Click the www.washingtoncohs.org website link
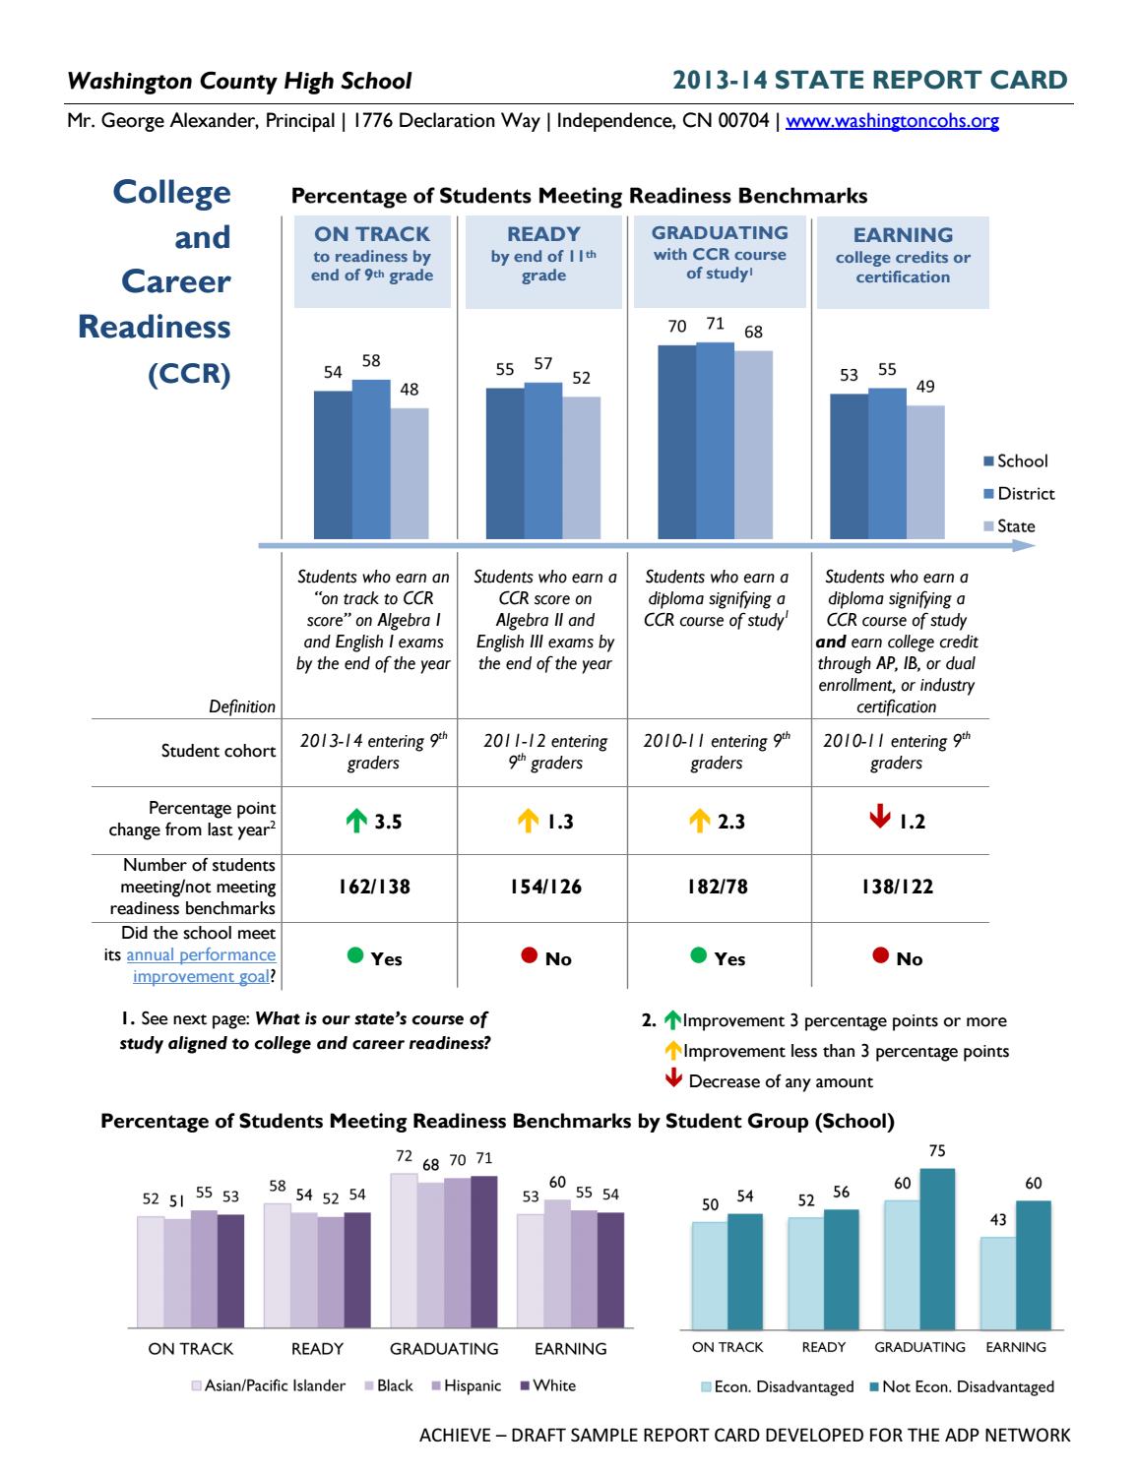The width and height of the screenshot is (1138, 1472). coord(892,122)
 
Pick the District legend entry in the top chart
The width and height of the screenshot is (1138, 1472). coord(1019,494)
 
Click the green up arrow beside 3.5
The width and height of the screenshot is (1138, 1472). coord(355,822)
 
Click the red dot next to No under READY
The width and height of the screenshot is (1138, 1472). coord(529,954)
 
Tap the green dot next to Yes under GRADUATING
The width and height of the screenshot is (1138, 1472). coord(699,954)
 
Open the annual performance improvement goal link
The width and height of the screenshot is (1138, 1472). coord(201,965)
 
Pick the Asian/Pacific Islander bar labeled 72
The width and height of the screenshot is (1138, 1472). coord(403,1250)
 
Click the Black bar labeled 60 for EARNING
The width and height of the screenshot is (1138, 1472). coord(557,1262)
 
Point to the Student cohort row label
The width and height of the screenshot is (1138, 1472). coord(219,752)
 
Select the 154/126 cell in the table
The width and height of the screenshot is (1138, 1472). coord(544,887)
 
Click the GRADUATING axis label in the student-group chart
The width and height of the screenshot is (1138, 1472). coord(444,1348)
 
